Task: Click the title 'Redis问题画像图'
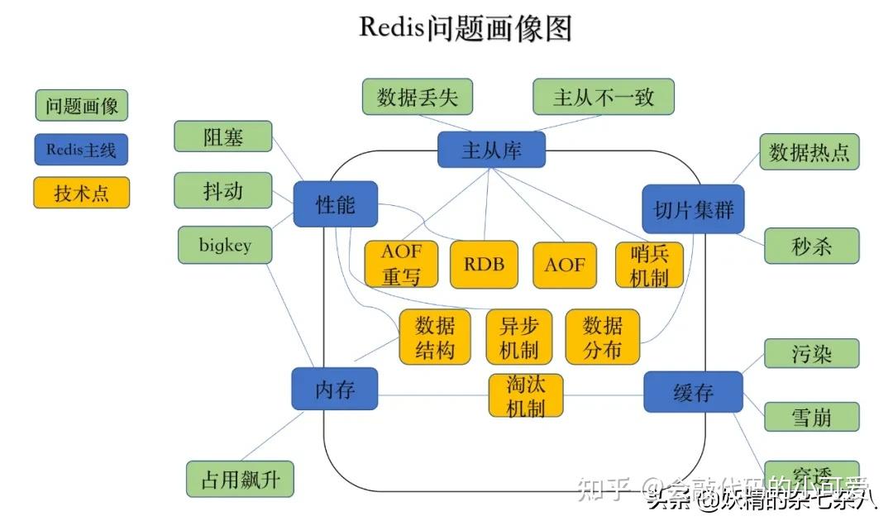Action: tap(466, 28)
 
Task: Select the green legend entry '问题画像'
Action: tap(82, 105)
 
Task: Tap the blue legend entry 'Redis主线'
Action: tap(82, 150)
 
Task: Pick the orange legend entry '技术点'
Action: tap(82, 194)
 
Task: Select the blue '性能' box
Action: tap(336, 203)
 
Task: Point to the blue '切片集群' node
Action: tap(693, 208)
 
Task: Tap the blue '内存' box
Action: tap(335, 390)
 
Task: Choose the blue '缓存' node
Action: tap(693, 392)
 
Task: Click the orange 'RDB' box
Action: tap(484, 265)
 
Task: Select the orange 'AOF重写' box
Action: tap(401, 265)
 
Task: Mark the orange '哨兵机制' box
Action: tap(649, 265)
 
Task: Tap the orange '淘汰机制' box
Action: tap(526, 395)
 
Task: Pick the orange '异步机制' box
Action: tap(518, 337)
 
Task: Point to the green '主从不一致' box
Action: tap(603, 97)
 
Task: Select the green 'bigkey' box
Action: tap(225, 246)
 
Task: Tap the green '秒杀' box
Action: tap(811, 246)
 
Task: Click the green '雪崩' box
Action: tap(811, 417)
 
